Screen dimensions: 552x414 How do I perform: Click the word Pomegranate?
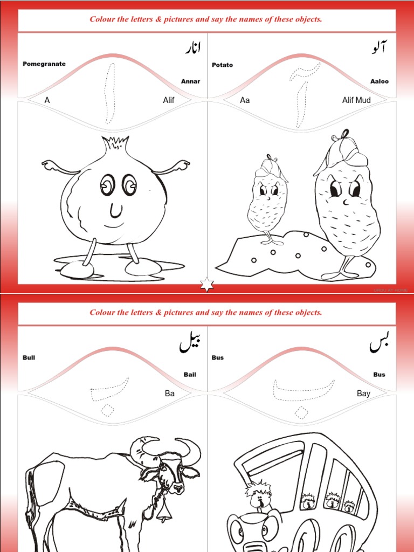44,64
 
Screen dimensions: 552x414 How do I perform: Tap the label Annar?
190,81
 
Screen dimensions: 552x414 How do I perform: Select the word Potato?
223,65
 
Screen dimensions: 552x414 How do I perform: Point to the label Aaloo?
379,81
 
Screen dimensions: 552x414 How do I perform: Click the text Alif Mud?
356,100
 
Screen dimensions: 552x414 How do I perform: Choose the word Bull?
29,358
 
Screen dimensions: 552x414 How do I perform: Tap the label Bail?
190,375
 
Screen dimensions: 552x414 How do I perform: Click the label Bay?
363,394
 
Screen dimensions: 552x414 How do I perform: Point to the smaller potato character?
267,199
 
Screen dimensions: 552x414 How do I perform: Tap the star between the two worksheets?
207,285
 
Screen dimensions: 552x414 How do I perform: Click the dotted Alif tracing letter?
110,93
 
